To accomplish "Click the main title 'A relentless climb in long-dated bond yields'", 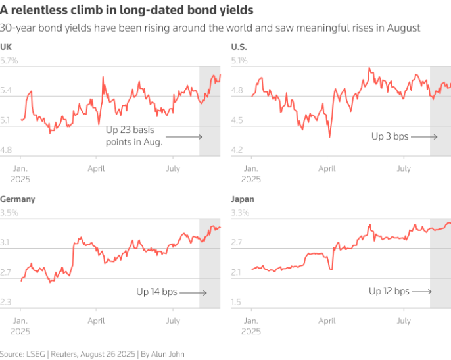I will pos(127,11).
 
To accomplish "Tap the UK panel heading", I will pos(6,47).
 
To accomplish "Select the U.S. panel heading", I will pos(238,47).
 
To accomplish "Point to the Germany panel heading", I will pos(18,199).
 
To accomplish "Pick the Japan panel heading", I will pos(243,199).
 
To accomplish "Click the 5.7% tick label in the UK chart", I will pos(9,61).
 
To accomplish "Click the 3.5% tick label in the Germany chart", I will pos(9,213).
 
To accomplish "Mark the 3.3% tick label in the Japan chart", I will pos(240,213).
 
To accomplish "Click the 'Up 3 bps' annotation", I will pos(390,136).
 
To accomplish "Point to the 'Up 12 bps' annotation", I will pos(389,291).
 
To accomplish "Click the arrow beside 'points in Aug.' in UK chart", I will pos(189,136).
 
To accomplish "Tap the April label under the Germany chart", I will pos(97,321).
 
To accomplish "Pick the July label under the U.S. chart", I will pos(404,169).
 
